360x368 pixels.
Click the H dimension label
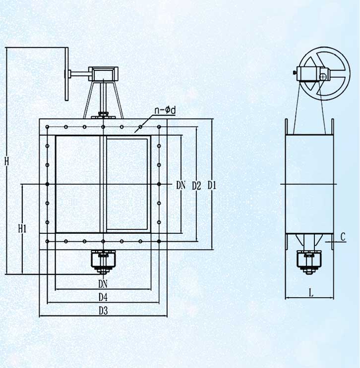(7, 161)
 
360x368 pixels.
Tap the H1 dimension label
(22, 229)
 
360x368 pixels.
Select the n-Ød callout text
(165, 110)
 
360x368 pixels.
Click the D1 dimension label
(212, 186)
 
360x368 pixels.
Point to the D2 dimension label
(196, 186)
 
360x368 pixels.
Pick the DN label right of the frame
(180, 185)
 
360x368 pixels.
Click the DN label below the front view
(103, 284)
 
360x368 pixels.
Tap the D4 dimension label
(103, 298)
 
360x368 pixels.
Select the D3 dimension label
(103, 311)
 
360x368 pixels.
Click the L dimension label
(311, 293)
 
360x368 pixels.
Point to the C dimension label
(343, 237)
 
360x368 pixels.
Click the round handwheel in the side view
(324, 73)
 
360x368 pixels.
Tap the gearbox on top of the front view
(103, 74)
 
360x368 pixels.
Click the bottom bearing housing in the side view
(309, 262)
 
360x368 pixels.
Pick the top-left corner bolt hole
(48, 127)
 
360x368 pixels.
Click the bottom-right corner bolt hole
(159, 241)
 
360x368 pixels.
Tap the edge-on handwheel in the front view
(67, 74)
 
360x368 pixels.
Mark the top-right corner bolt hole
(159, 127)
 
